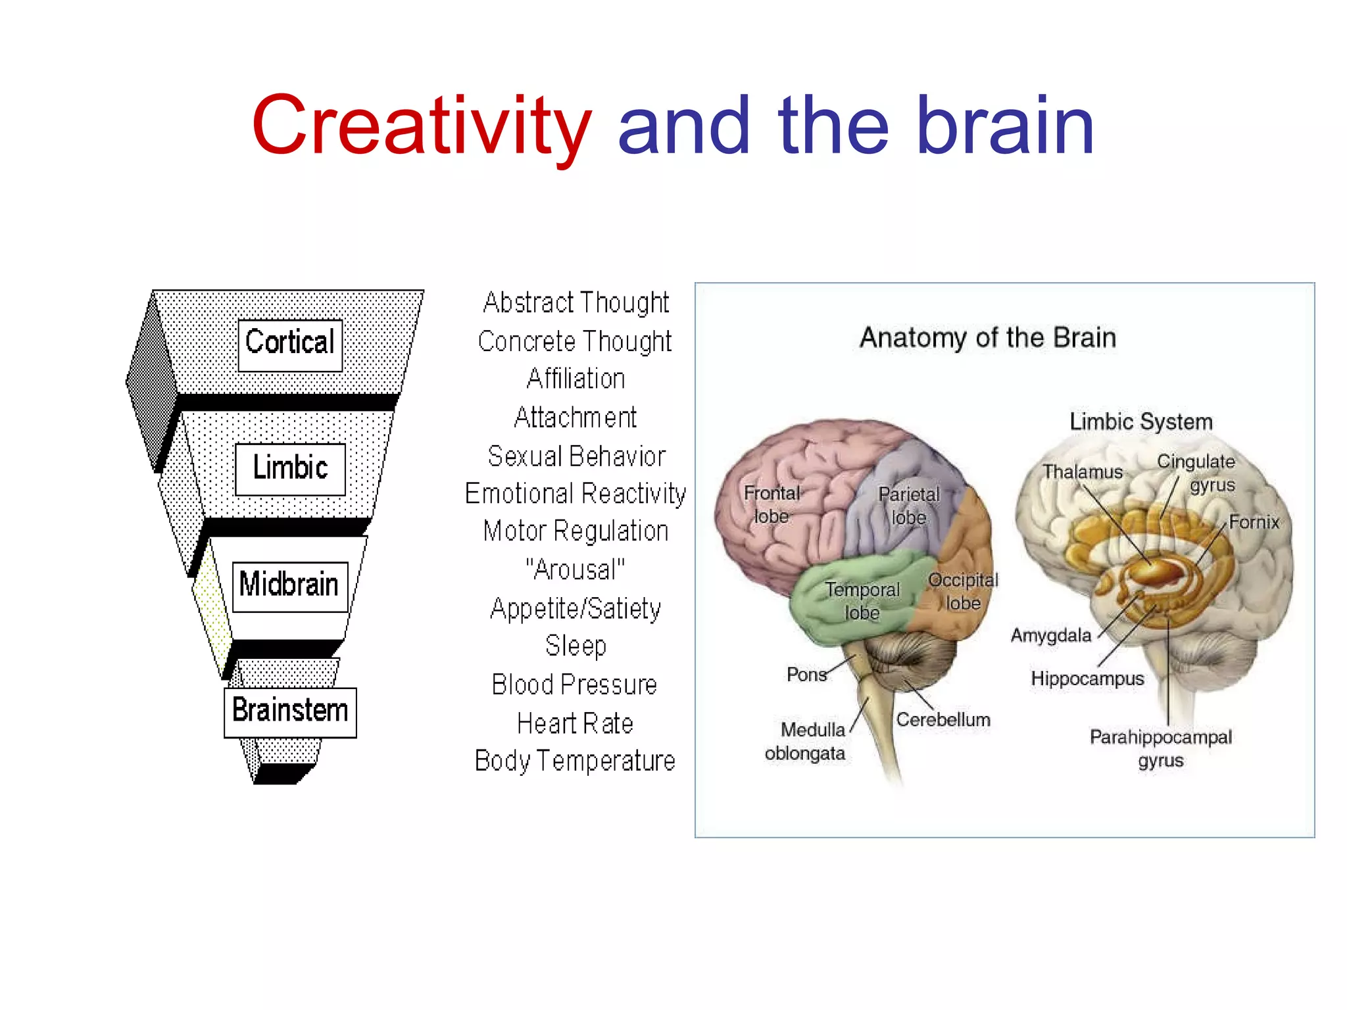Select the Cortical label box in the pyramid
[290, 344]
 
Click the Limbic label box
[290, 469]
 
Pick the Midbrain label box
[289, 586]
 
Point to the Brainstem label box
[290, 712]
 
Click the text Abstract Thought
[576, 302]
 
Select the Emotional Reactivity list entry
[576, 494]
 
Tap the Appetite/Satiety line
[576, 609]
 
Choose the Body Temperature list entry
[576, 761]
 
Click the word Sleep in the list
[576, 646]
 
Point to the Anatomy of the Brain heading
[988, 338]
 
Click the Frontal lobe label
[771, 504]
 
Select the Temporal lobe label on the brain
[862, 601]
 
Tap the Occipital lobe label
[963, 591]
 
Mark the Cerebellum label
[943, 720]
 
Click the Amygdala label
[1051, 636]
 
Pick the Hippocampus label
[1087, 679]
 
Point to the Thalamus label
[1083, 472]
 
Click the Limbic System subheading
[1141, 422]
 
